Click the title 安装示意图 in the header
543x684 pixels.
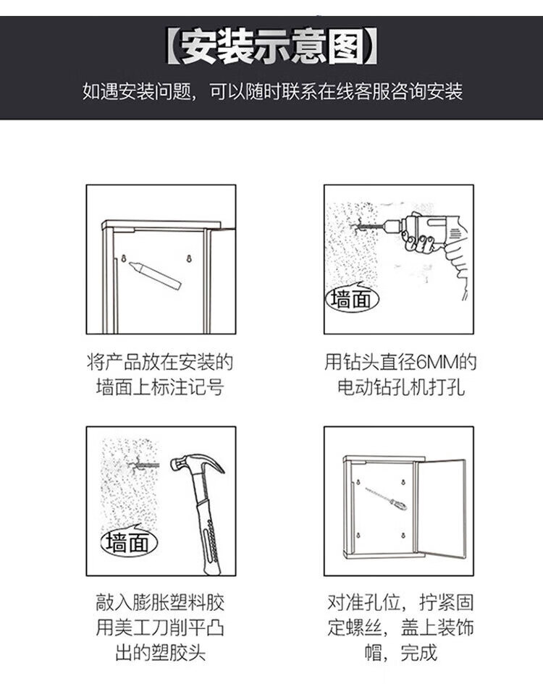[x=272, y=46]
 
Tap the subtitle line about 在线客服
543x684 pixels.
[x=272, y=92]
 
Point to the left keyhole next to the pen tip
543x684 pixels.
[x=124, y=258]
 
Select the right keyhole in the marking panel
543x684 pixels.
[x=189, y=258]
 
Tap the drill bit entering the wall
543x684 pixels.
[x=368, y=227]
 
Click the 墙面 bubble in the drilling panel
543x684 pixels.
[x=352, y=298]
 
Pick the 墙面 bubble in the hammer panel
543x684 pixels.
[x=129, y=542]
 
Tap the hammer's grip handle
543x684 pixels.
[x=209, y=536]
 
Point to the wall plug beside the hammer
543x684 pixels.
[x=146, y=466]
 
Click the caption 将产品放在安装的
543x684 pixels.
[x=160, y=363]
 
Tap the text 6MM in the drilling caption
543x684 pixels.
[x=437, y=363]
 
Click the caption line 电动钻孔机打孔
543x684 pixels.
[x=400, y=387]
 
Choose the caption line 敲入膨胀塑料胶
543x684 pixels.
[x=160, y=604]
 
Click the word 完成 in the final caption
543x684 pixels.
[x=418, y=653]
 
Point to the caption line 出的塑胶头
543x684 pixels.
[x=160, y=653]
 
